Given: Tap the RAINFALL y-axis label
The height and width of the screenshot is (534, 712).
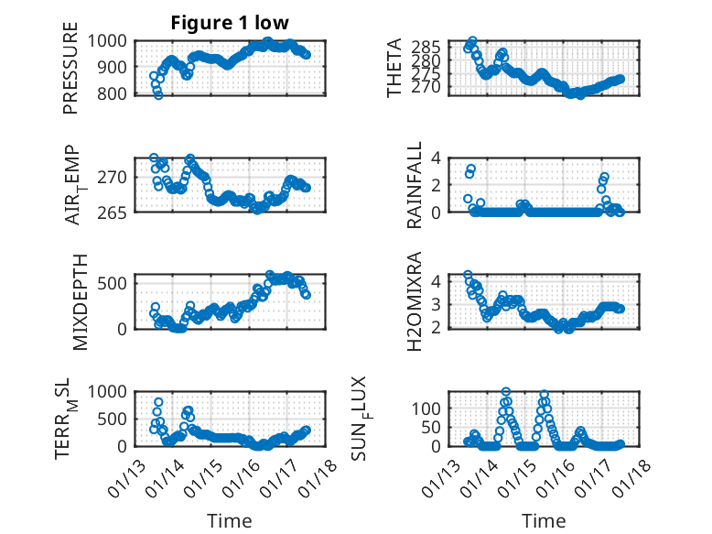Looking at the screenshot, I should pyautogui.click(x=414, y=184).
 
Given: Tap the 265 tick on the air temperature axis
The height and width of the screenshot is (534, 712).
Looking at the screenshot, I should pyautogui.click(x=116, y=212).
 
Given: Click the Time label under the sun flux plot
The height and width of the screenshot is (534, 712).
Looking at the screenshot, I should pyautogui.click(x=544, y=520).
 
